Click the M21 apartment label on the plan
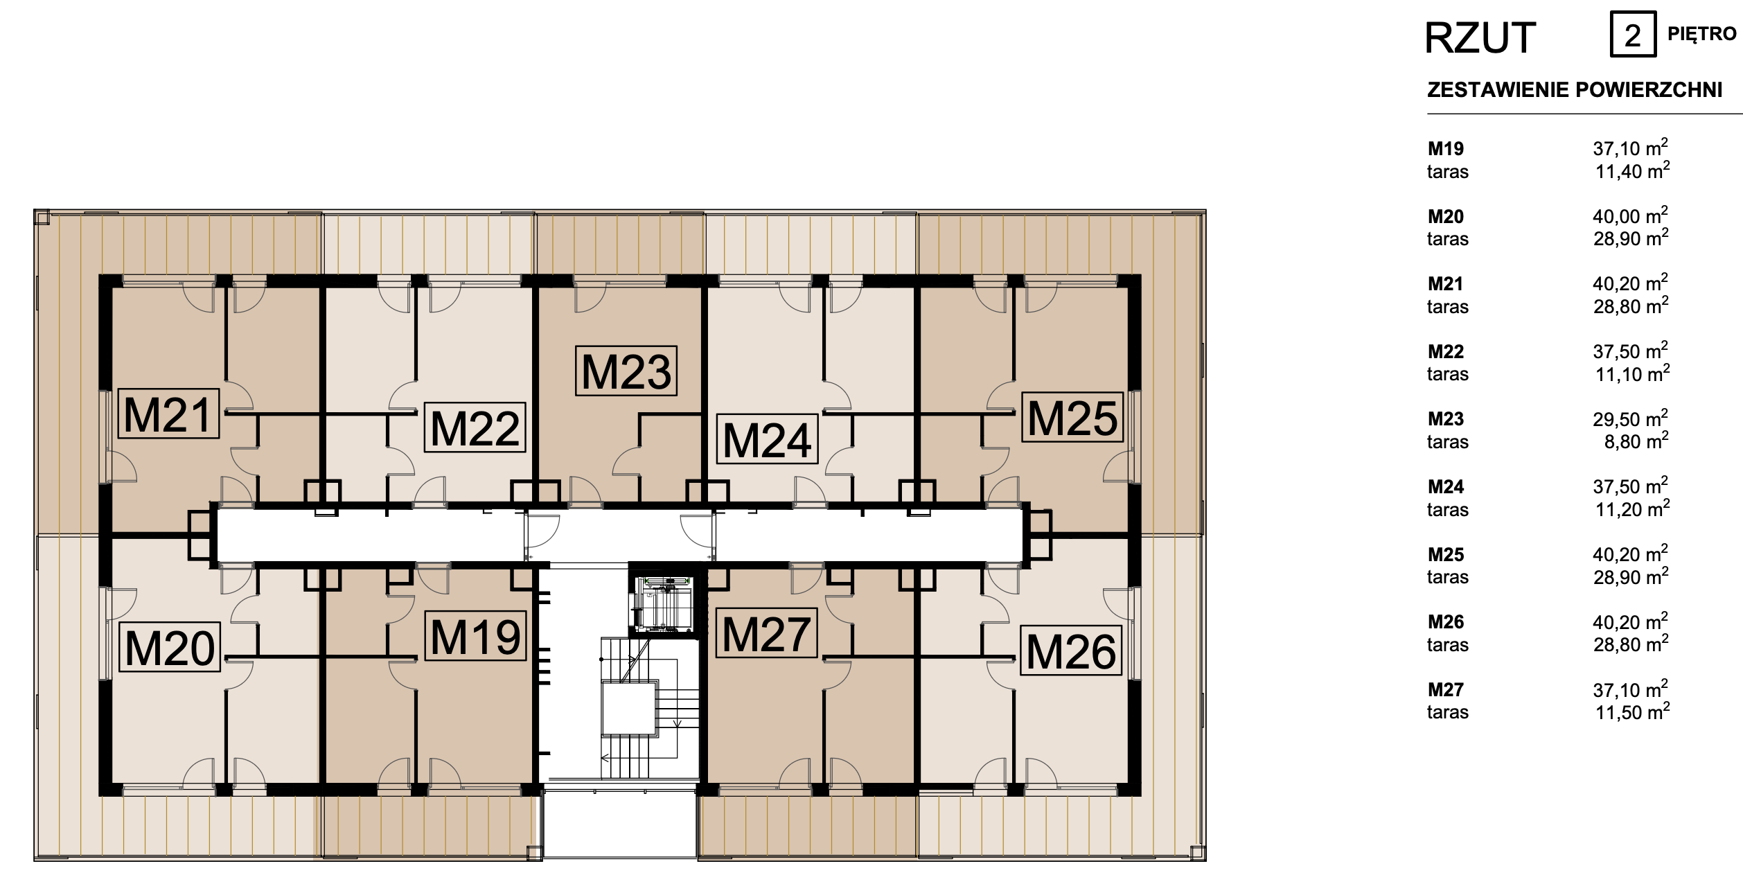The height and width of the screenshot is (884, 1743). tap(168, 414)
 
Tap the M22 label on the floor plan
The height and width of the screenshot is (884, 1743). tap(475, 427)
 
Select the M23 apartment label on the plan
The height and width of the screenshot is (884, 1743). tap(626, 371)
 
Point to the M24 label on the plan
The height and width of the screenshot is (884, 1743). tap(767, 439)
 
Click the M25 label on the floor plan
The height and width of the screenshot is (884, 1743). tap(1072, 417)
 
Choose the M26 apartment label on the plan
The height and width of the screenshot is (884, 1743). tap(1071, 651)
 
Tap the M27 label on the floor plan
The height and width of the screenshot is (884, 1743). tap(766, 633)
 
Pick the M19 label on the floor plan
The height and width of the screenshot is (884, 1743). tap(475, 635)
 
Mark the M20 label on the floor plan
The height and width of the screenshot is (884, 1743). tap(170, 647)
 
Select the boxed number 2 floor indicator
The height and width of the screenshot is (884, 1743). tap(1633, 34)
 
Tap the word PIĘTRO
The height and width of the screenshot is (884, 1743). tap(1702, 33)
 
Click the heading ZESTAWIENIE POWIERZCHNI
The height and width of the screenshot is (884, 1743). tap(1575, 90)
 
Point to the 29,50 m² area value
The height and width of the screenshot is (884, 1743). tap(1630, 418)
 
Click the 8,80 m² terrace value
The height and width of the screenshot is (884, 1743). tap(1636, 441)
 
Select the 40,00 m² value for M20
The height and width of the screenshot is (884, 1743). tap(1630, 215)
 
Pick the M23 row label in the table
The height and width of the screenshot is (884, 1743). tap(1446, 419)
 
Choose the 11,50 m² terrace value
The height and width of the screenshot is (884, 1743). tap(1632, 711)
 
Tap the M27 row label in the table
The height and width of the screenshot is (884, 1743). tap(1446, 690)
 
